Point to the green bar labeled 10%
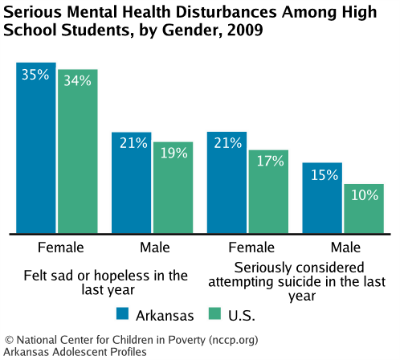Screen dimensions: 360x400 tap(364, 208)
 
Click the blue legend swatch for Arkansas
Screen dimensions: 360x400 tap(124, 313)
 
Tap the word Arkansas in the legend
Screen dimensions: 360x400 tap(166, 313)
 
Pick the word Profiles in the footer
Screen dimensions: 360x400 tap(124, 352)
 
